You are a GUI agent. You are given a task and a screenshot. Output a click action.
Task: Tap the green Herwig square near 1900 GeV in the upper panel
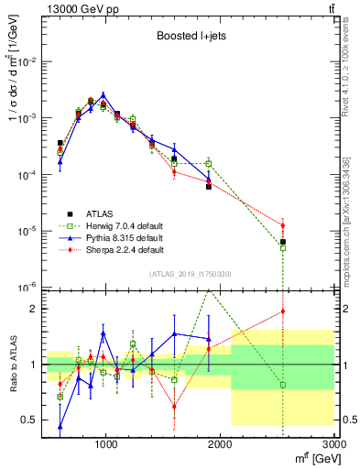(x=209, y=164)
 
